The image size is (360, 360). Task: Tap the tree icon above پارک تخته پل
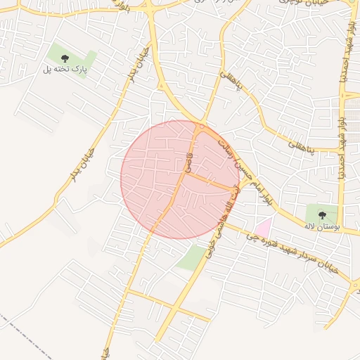[65, 58]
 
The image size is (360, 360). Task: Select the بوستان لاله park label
[322, 228]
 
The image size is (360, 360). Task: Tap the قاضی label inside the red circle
[188, 162]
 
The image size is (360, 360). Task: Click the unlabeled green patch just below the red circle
[191, 258]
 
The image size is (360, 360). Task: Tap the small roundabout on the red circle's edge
[202, 126]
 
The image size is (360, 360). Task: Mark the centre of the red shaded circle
[180, 179]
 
